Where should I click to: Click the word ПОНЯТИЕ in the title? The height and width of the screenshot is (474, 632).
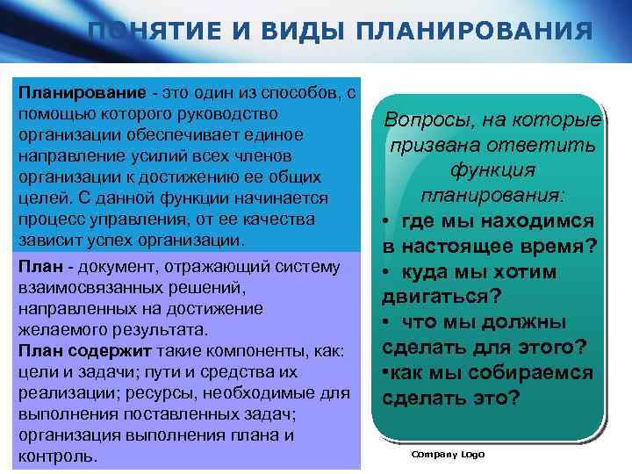[x=147, y=32]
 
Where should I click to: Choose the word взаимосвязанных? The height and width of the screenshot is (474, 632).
[x=79, y=288]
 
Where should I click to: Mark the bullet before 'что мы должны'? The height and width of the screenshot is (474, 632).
[x=386, y=322]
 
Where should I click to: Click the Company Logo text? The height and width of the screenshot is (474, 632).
[x=448, y=454]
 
